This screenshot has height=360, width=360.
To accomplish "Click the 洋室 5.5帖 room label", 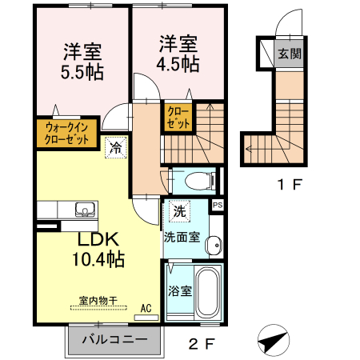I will [82, 61].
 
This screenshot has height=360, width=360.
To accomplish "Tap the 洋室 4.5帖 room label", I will [178, 54].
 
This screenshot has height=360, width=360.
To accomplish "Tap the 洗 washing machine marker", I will [179, 213].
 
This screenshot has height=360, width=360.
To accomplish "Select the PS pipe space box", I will [217, 206].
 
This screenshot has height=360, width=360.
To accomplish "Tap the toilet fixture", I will [193, 179].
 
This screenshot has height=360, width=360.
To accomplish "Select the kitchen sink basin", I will [84, 210].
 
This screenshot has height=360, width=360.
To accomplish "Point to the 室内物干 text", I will [98, 301].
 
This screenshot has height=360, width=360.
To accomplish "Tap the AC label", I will [146, 307].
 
